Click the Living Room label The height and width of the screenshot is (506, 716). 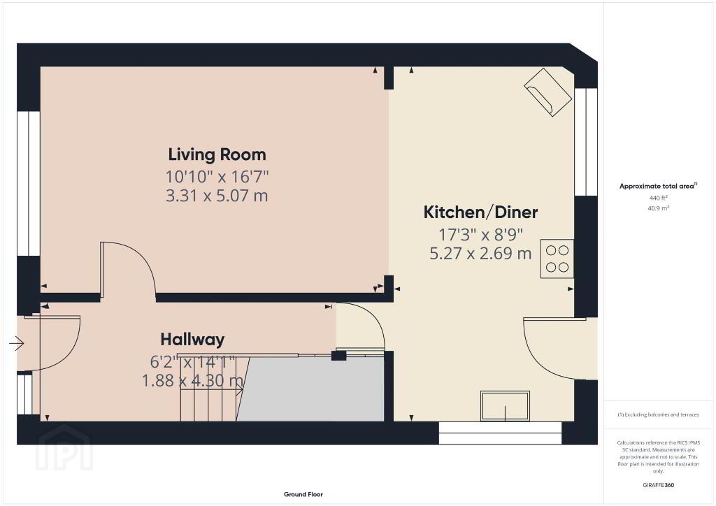click(x=217, y=154)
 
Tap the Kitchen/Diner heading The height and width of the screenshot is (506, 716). click(x=480, y=212)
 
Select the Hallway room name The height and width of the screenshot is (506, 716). click(x=192, y=339)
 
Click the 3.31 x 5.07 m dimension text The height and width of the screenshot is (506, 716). click(x=217, y=196)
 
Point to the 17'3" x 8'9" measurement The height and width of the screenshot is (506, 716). click(x=480, y=235)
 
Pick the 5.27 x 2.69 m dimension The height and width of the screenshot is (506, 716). click(x=480, y=253)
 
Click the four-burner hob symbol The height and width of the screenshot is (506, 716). click(x=557, y=259)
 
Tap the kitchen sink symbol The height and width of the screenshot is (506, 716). click(x=505, y=405)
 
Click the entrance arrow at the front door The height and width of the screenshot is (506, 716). click(x=17, y=343)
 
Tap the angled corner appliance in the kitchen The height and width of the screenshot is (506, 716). click(x=548, y=92)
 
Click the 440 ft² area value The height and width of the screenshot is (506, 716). click(x=658, y=198)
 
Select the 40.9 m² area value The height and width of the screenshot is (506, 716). click(x=658, y=208)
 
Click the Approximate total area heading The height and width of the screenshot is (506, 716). click(x=658, y=186)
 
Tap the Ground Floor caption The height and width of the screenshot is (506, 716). click(x=303, y=494)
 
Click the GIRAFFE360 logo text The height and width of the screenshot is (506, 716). click(x=658, y=485)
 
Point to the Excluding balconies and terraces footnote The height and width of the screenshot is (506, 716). click(x=658, y=414)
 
